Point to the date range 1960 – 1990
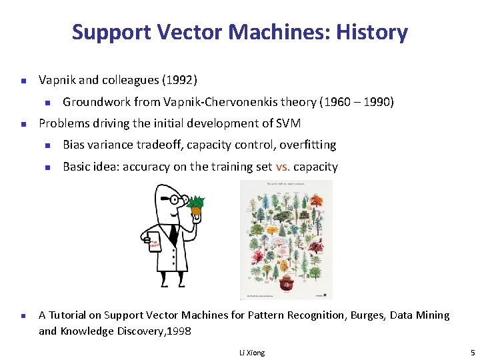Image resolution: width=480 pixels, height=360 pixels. (356, 102)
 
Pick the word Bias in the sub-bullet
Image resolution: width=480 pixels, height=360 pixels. (75, 145)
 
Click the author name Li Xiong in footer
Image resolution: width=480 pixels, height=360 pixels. (251, 353)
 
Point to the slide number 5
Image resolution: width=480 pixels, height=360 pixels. (471, 353)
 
